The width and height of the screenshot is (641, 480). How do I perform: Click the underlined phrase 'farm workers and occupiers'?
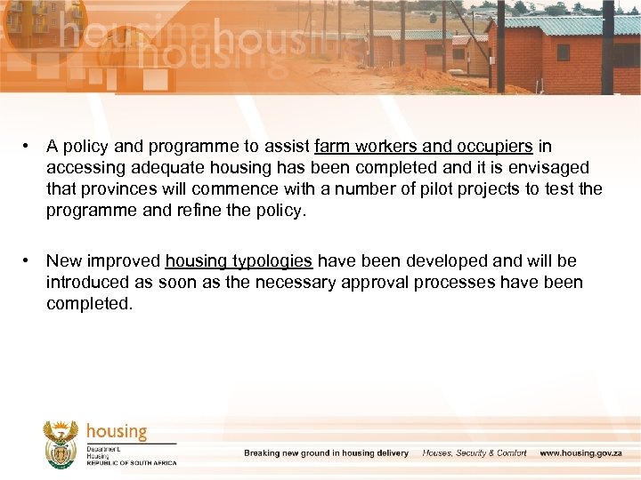(x=423, y=147)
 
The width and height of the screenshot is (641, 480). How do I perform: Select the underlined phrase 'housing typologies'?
(x=239, y=261)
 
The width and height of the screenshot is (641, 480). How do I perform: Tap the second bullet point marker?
(x=29, y=261)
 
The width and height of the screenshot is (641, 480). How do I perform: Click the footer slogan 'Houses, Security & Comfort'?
(x=474, y=453)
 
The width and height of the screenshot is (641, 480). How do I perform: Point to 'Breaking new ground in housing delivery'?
(x=326, y=453)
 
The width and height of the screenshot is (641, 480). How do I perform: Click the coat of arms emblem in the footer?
(x=61, y=444)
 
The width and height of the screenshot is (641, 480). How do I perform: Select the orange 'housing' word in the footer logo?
(x=117, y=432)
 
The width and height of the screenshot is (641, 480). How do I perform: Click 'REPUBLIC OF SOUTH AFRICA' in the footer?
(x=132, y=463)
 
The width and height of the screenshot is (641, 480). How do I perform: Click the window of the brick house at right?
(x=563, y=52)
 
